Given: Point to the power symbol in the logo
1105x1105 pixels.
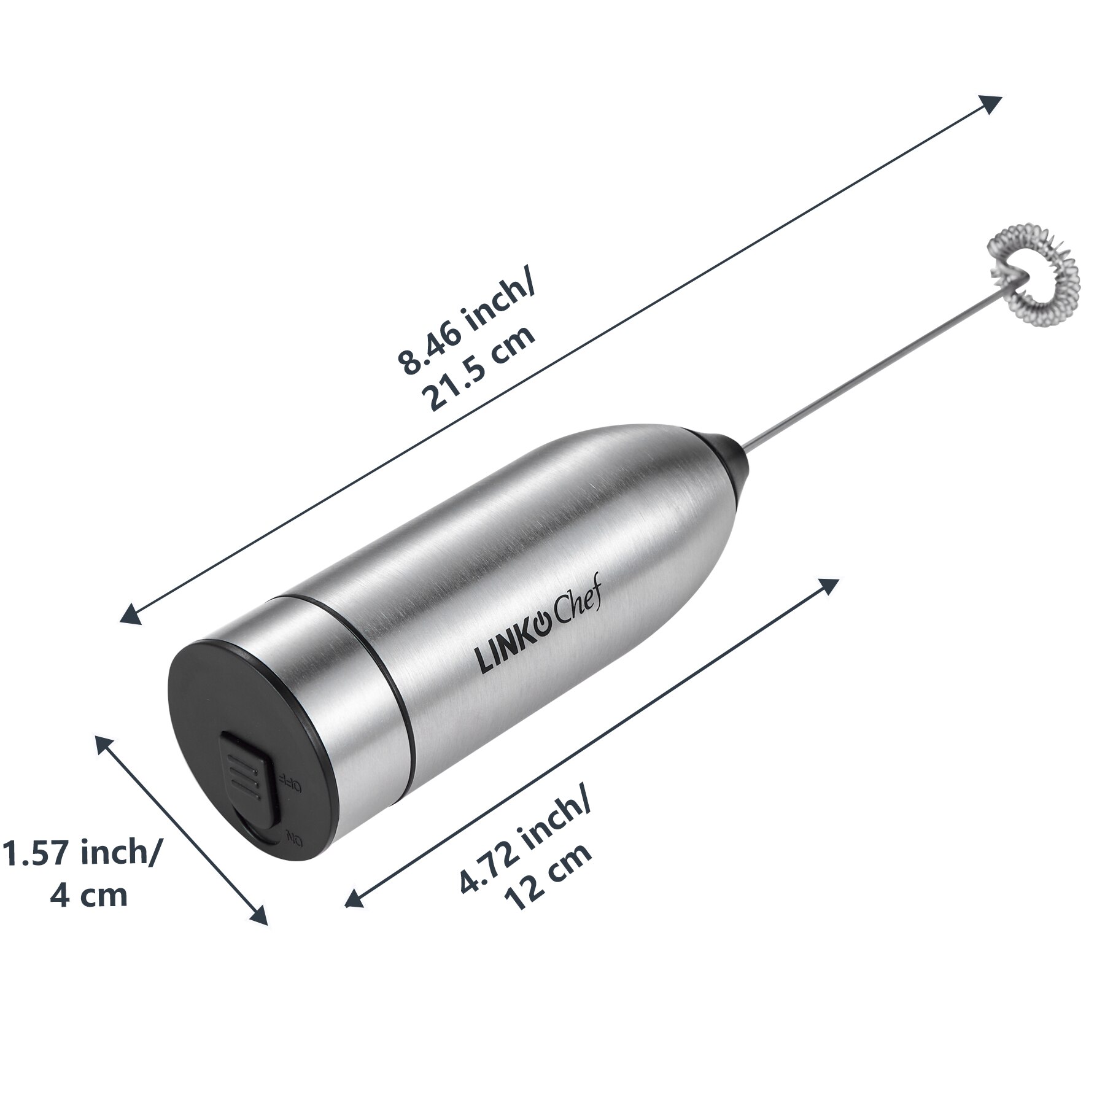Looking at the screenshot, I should coord(541,626).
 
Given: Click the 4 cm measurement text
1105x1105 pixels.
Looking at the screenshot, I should coord(89,897).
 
